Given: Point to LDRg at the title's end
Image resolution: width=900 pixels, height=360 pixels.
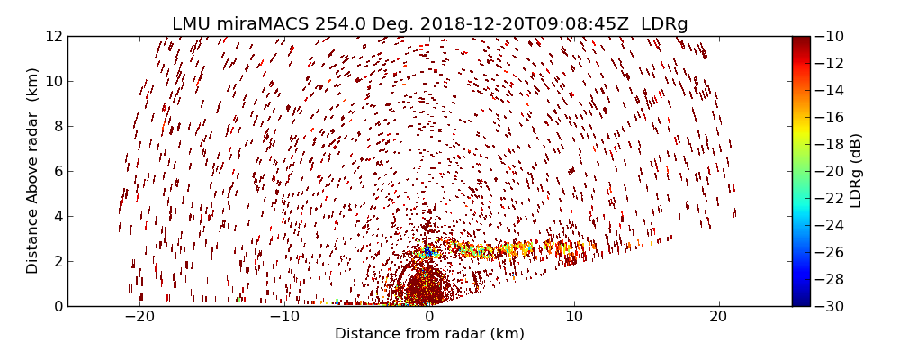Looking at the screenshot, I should pos(664,23).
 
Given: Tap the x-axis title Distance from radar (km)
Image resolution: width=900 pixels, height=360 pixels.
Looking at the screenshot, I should pos(429,334).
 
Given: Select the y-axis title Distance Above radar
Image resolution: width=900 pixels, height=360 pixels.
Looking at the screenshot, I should pos(33,171).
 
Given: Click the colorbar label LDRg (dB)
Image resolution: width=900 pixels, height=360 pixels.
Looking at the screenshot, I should pos(856,171).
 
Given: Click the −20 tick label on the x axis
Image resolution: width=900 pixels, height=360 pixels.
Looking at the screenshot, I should pos(139,317).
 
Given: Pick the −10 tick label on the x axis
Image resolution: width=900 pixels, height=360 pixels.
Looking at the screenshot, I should pos(284,317).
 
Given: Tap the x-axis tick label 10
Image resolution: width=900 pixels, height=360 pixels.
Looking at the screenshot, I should pos(573,317).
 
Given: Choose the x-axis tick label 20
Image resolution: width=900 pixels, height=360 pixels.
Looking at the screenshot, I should pos(718,317).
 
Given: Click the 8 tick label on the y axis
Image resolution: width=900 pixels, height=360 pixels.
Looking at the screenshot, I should pos(58,126).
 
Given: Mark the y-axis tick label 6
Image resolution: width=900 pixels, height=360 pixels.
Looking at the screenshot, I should pos(58,171).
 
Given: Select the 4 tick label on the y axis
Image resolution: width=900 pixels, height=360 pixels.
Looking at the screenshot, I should pos(58,216).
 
